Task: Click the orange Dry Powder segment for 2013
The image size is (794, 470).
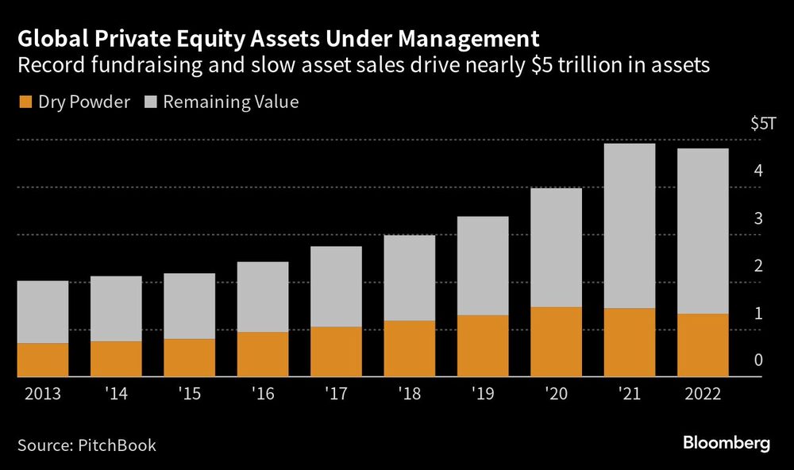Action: [42, 360]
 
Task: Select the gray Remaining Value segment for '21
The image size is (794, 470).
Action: [629, 225]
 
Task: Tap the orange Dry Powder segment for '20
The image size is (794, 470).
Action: [556, 341]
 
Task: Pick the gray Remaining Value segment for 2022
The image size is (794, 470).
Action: [703, 231]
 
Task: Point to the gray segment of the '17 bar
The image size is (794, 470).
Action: [336, 286]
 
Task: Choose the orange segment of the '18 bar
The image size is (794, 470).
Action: [409, 349]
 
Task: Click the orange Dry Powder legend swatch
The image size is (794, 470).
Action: [24, 102]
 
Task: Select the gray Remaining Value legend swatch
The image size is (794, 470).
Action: [151, 102]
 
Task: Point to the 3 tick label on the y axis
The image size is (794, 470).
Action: [758, 218]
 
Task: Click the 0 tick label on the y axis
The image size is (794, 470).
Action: [758, 360]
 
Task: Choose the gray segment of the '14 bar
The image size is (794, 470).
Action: [116, 309]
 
